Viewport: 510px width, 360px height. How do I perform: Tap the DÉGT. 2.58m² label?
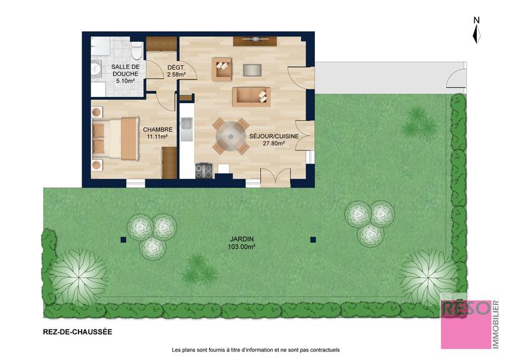(x=176, y=71)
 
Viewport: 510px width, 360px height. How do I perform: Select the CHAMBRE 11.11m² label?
(x=157, y=132)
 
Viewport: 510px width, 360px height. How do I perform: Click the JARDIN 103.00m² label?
(x=242, y=243)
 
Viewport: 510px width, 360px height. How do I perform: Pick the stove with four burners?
(x=204, y=170)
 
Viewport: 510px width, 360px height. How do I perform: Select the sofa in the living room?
(x=251, y=96)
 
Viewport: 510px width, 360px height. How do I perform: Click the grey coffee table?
(x=252, y=69)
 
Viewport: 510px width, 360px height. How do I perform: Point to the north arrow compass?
(x=476, y=31)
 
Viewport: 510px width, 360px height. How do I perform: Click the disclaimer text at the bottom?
(x=256, y=350)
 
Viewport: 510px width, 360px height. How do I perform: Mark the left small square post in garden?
(x=122, y=240)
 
